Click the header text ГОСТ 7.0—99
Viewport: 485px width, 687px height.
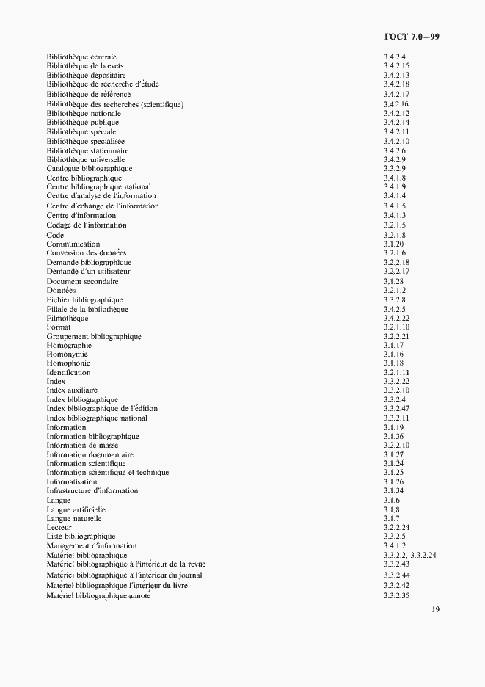click(412, 36)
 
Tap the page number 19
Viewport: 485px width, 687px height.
click(435, 609)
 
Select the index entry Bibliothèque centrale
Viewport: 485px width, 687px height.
click(81, 57)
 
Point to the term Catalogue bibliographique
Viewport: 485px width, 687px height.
click(90, 169)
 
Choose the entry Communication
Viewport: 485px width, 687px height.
click(73, 244)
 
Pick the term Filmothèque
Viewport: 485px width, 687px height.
click(68, 318)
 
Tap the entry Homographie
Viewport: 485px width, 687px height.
click(69, 345)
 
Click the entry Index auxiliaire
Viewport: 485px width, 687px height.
click(72, 390)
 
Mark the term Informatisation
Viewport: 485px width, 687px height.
click(72, 481)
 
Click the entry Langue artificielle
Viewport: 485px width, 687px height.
click(76, 509)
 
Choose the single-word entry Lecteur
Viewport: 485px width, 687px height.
click(59, 527)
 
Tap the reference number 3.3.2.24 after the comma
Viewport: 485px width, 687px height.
click(424, 555)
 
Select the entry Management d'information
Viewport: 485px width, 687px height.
click(92, 545)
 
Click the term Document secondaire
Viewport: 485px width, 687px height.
click(83, 281)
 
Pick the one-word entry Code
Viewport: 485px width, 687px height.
click(55, 235)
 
